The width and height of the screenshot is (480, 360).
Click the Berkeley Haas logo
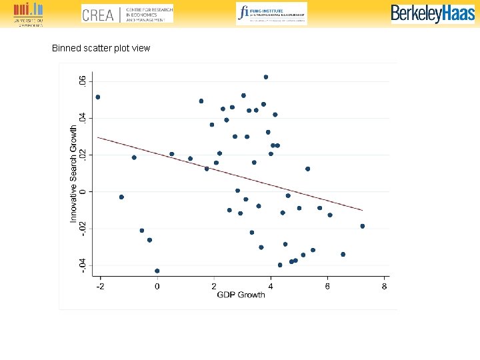coord(433,13)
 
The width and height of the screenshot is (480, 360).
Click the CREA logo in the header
coord(127,13)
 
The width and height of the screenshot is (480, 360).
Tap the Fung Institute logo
coord(271,13)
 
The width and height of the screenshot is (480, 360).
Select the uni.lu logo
coord(27,13)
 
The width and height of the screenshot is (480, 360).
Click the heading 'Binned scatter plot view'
coord(101,48)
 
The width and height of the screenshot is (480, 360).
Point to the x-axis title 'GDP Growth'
coord(241,295)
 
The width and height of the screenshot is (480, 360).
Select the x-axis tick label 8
coord(384,286)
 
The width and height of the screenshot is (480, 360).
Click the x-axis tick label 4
coord(271,286)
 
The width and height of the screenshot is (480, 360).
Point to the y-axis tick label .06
coord(83,81)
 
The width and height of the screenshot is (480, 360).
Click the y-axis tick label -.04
coord(83,265)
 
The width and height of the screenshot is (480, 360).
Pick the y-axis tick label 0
coord(83,191)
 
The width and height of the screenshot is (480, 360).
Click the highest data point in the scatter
coord(265,77)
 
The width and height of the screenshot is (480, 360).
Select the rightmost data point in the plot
coord(363,226)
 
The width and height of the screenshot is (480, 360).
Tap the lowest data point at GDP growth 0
coord(157,271)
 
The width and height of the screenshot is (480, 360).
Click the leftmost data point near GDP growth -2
coord(98,97)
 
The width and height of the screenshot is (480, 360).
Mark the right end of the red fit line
coord(363,210)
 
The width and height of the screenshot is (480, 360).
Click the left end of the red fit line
coord(98,137)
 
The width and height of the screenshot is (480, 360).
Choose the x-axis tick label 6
coord(327,286)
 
